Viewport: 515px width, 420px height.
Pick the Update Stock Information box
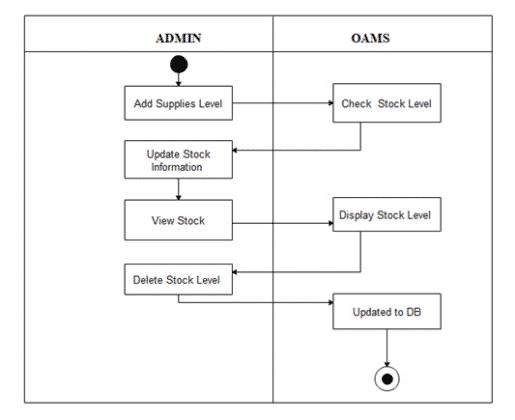(x=178, y=160)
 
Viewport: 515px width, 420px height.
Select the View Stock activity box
(x=178, y=220)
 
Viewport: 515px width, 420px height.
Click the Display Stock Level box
(x=385, y=214)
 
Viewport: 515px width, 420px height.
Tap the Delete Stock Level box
(x=179, y=279)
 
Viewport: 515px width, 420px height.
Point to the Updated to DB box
(x=384, y=313)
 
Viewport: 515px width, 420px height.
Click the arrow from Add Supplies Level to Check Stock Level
(x=285, y=102)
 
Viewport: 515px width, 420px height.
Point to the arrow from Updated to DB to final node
(x=384, y=350)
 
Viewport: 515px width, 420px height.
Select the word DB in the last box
(x=406, y=313)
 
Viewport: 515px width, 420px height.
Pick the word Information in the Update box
(x=179, y=167)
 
